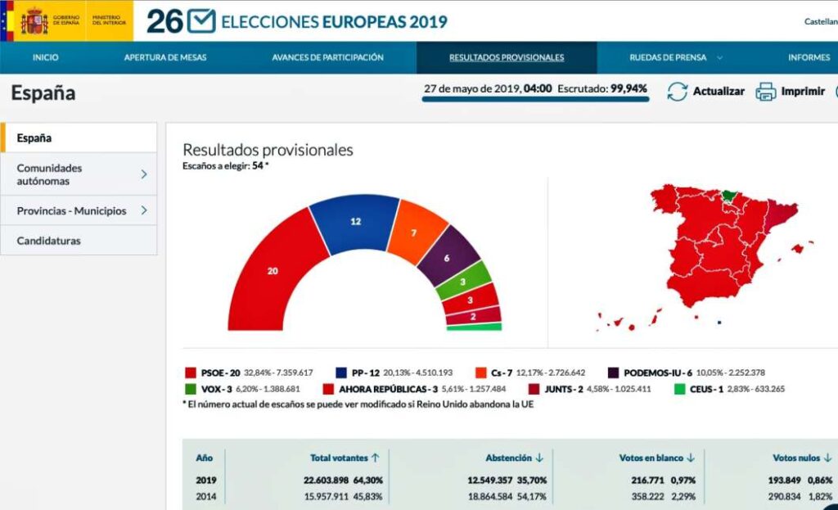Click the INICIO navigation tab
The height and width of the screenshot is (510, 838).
[45, 57]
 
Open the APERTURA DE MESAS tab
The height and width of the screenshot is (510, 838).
[165, 57]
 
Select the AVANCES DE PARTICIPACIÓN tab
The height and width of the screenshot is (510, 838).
[327, 57]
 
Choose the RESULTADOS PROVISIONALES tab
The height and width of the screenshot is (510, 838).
[507, 57]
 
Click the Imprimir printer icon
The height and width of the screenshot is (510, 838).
[765, 92]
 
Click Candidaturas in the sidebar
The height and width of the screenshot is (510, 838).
[49, 241]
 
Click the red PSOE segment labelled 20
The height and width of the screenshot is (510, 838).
[273, 271]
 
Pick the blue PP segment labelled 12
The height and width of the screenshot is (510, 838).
[355, 222]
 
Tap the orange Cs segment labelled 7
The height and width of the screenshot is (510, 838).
[413, 233]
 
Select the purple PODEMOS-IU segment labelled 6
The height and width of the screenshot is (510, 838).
[447, 257]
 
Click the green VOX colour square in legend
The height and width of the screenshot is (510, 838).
[191, 389]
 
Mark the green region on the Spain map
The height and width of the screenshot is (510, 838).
[728, 196]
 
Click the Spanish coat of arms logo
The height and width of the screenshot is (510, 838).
[34, 21]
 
